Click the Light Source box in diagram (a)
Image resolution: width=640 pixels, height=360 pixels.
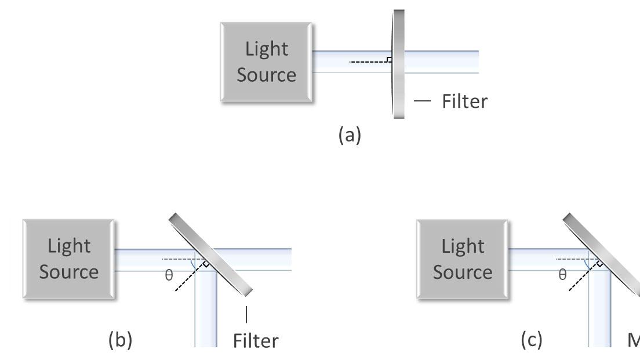pyautogui.click(x=267, y=63)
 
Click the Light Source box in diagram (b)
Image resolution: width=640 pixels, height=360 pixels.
pyautogui.click(x=69, y=259)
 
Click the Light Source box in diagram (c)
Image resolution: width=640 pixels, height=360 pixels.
pyautogui.click(x=463, y=259)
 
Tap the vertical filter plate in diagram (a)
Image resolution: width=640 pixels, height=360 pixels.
pyautogui.click(x=399, y=64)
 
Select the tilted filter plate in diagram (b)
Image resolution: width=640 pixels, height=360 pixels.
pyautogui.click(x=211, y=254)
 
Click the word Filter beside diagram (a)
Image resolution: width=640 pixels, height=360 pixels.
pyautogui.click(x=464, y=101)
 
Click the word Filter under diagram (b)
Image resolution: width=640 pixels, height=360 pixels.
pyautogui.click(x=255, y=341)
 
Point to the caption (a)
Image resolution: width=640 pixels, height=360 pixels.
pyautogui.click(x=350, y=135)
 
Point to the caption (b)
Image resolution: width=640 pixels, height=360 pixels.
pyautogui.click(x=121, y=340)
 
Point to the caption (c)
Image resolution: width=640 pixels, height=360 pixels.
pyautogui.click(x=531, y=340)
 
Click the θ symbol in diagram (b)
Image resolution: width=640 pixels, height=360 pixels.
pyautogui.click(x=169, y=275)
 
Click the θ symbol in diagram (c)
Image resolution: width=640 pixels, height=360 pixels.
pyautogui.click(x=562, y=275)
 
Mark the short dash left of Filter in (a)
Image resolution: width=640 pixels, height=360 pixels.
pyautogui.click(x=423, y=101)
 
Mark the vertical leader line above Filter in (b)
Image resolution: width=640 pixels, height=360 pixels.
pyautogui.click(x=247, y=314)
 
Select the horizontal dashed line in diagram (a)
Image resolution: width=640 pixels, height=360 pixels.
pyautogui.click(x=368, y=61)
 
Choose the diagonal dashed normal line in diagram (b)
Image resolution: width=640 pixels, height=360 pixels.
pyautogui.click(x=190, y=278)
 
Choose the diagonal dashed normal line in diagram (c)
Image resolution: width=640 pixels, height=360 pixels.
pyautogui.click(x=583, y=278)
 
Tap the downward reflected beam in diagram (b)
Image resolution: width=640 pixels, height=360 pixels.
pyautogui.click(x=205, y=313)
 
